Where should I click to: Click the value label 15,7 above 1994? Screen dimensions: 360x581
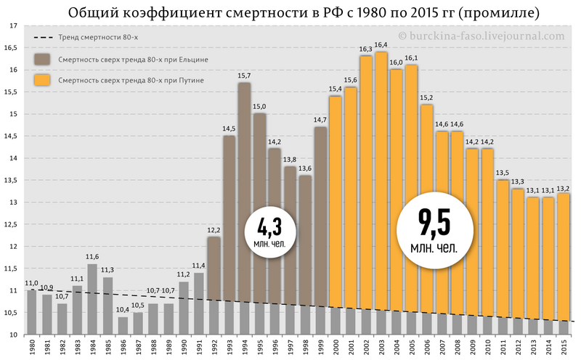[x=245, y=76]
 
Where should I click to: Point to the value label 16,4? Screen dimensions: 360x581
[x=381, y=45]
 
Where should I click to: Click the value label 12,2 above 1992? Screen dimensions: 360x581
[x=214, y=230]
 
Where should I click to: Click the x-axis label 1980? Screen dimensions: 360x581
[x=32, y=348]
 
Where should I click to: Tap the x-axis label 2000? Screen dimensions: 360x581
[x=336, y=348]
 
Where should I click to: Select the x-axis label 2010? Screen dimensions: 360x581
[x=487, y=348]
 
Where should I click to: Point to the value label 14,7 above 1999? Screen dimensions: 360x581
[x=320, y=120]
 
